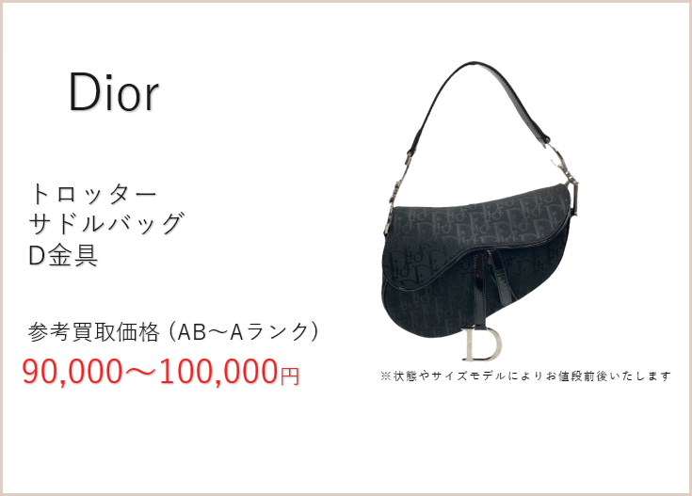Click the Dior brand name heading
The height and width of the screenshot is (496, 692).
[113, 92]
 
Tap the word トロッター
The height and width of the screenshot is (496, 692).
[93, 194]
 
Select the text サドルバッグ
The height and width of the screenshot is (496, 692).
[106, 223]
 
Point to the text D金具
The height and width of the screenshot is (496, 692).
[63, 255]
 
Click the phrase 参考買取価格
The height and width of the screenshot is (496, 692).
[93, 332]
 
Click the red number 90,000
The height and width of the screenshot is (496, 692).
[72, 372]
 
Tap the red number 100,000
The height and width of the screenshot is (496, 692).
[218, 372]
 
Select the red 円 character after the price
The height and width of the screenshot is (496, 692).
[290, 376]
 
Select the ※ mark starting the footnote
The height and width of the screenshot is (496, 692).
[385, 376]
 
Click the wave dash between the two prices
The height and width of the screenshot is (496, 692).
[140, 372]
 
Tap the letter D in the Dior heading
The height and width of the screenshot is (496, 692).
[83, 92]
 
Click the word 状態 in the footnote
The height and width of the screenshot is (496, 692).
[405, 376]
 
